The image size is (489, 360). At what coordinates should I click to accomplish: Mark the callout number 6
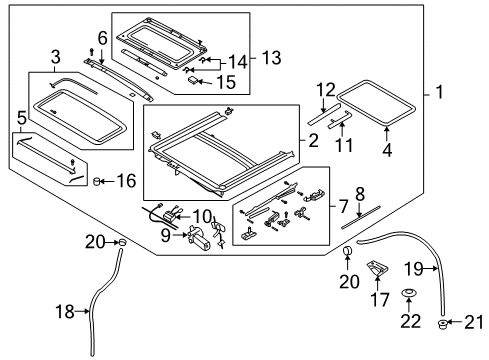coord(101,39)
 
